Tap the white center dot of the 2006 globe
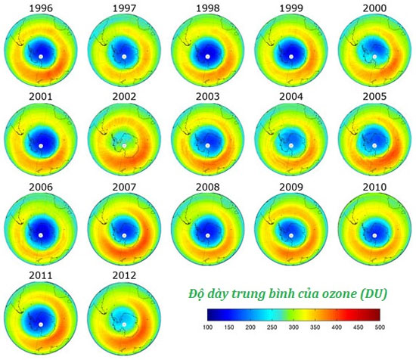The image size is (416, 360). (x=41, y=235)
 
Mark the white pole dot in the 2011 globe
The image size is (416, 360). (x=41, y=324)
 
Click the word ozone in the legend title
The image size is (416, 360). (x=337, y=293)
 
